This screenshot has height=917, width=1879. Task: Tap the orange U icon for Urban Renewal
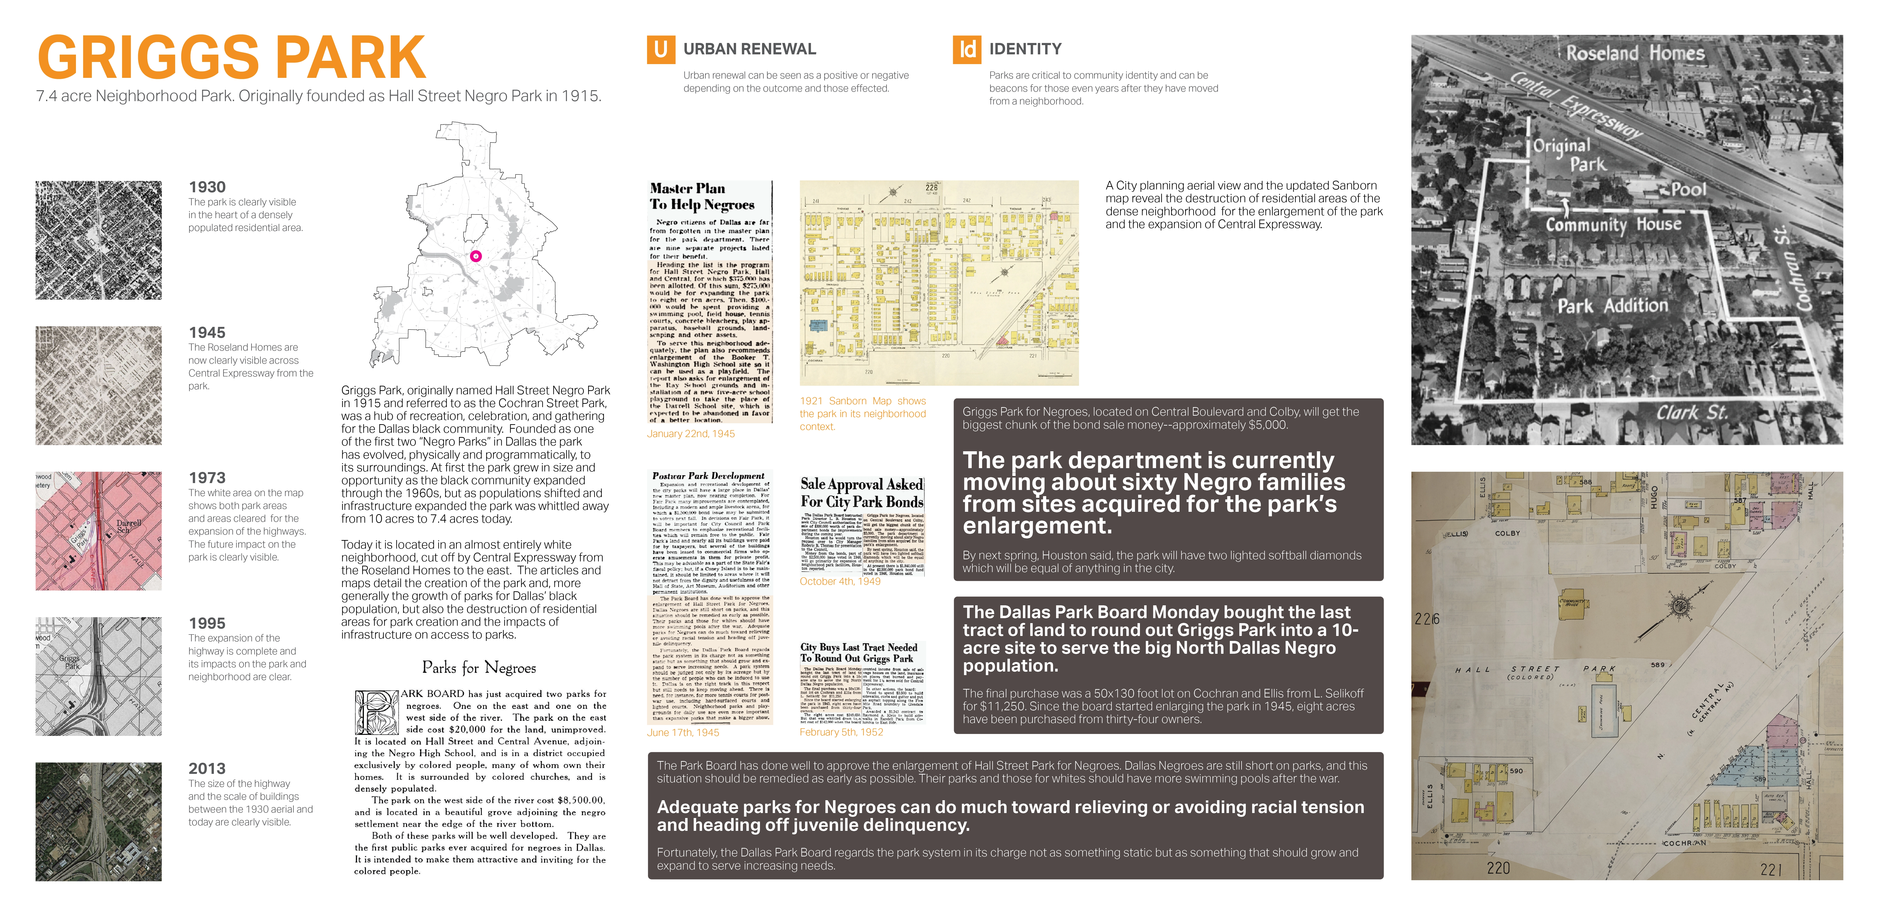(x=660, y=50)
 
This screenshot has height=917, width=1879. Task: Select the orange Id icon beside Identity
(x=966, y=50)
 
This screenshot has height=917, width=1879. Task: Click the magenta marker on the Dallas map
(x=476, y=256)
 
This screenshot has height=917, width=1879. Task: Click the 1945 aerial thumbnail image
(x=98, y=385)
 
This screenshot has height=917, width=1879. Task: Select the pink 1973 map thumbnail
(x=98, y=530)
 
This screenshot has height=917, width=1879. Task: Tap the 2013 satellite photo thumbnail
(x=98, y=821)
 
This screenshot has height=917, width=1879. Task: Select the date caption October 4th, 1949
(x=839, y=581)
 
